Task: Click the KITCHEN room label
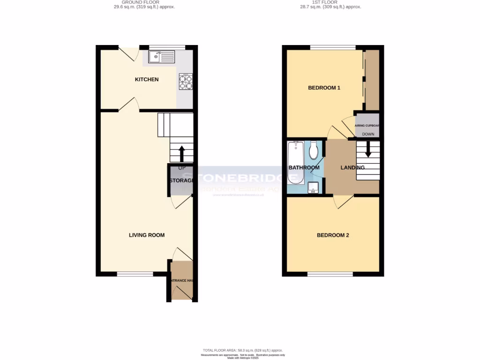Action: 147,80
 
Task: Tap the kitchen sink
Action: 161,58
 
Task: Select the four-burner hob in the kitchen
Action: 185,82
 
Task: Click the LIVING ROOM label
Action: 147,235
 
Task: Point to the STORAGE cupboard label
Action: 181,181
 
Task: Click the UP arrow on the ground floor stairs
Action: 181,153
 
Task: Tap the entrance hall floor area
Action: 181,281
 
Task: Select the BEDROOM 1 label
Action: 324,88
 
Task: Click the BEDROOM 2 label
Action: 333,235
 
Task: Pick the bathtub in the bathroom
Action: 296,163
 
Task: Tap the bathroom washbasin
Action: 314,188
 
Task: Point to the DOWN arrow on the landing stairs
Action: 368,150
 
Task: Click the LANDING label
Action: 352,168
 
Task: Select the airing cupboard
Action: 367,125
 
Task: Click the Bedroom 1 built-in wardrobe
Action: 372,80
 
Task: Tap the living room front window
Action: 135,274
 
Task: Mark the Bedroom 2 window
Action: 330,274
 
